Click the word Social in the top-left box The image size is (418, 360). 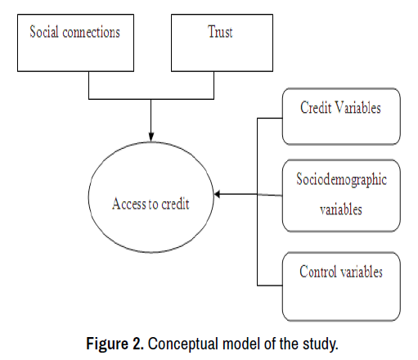point(44,32)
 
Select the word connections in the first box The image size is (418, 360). point(92,32)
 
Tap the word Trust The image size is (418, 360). point(220,32)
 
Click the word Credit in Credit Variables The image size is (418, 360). point(316,107)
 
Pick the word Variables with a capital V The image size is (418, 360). point(358,107)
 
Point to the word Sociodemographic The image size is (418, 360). point(342,180)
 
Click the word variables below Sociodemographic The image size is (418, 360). point(341,209)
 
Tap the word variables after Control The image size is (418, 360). point(362,272)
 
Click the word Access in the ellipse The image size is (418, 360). point(129,204)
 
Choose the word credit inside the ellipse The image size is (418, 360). point(175,204)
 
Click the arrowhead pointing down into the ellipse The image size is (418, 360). point(151,137)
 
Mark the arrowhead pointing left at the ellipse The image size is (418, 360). point(218,194)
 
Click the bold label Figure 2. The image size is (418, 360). point(115,344)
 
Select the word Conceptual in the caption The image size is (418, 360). point(183,344)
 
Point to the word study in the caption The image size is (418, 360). point(321,344)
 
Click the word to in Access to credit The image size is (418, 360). point(154,204)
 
